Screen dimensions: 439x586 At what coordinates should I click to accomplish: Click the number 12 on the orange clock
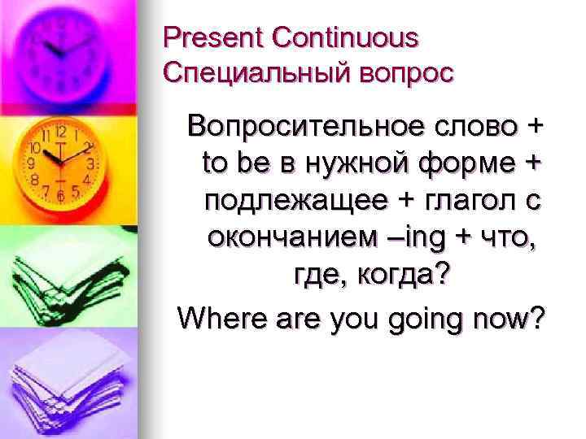(x=60, y=131)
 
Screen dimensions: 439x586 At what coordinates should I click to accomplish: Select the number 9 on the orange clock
(x=32, y=163)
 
